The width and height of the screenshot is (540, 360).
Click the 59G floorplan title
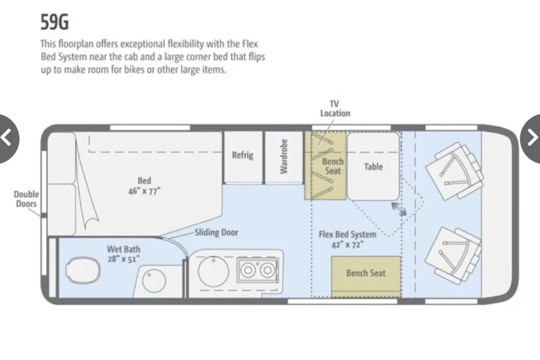55,22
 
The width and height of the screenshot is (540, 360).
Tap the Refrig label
242,155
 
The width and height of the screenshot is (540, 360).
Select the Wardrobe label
283,156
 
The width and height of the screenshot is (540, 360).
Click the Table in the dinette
373,166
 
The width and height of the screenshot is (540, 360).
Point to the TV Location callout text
335,109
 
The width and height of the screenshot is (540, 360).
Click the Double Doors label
26,199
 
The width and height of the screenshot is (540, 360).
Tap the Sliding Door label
216,232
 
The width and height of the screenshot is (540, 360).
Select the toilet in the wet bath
82,269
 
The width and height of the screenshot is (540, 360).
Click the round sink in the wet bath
154,281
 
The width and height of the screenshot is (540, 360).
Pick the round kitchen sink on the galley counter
213,271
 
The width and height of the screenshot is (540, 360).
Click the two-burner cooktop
257,270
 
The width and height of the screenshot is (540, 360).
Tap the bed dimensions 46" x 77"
144,191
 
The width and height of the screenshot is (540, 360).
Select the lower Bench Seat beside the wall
366,276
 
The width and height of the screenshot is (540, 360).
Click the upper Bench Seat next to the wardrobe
325,166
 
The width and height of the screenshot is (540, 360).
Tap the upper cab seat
454,170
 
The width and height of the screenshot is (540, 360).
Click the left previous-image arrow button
7,138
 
